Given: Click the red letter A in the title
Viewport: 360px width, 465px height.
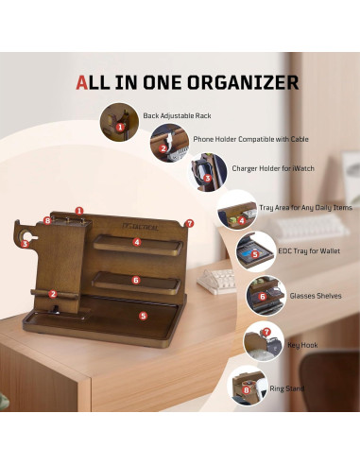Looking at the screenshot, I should click(83, 81).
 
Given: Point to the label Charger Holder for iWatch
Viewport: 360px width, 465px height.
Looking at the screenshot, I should click(273, 168).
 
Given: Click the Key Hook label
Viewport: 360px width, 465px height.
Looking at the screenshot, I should click(303, 345).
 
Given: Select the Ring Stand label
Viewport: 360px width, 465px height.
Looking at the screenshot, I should click(284, 388).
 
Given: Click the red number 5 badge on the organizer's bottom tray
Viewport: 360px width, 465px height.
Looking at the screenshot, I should click(143, 316).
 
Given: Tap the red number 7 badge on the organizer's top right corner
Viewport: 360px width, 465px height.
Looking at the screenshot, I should click(189, 224).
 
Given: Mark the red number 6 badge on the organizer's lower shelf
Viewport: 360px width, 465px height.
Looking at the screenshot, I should click(136, 280).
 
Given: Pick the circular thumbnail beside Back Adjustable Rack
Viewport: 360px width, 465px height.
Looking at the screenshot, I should click(117, 120).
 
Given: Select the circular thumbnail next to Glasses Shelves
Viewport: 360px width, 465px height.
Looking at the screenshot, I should click(261, 294).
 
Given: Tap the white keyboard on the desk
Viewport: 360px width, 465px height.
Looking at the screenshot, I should click(219, 279).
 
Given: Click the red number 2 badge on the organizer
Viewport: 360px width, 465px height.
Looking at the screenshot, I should click(54, 294).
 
